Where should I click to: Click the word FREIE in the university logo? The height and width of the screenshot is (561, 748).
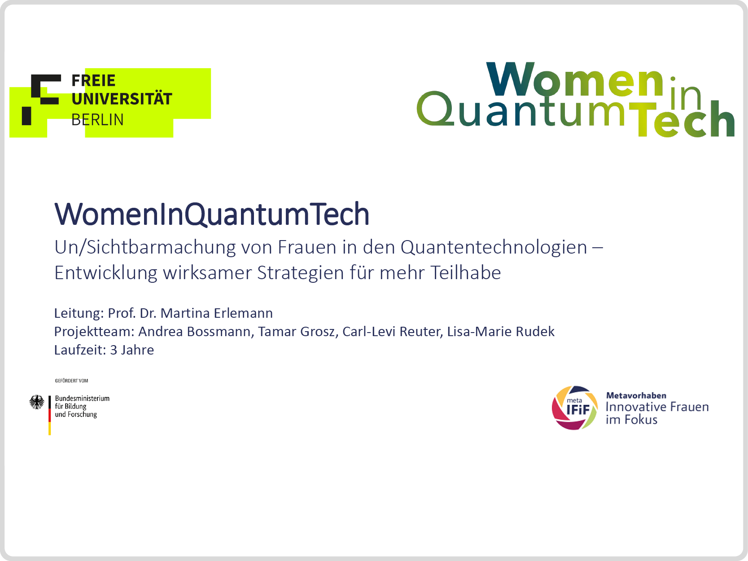coord(93,81)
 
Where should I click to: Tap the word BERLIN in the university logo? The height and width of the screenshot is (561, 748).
coord(97,120)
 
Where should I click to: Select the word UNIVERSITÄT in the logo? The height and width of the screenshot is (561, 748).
coord(122,98)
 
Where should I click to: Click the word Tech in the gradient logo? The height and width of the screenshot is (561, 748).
coord(682,118)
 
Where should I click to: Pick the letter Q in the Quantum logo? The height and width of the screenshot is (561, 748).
coord(436,108)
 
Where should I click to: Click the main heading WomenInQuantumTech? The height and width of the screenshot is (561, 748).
coord(212,214)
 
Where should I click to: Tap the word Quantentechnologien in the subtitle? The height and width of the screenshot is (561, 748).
coord(494,247)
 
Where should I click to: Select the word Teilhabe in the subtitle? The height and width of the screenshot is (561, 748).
coord(465,272)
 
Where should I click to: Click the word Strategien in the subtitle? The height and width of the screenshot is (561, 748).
coord(300,273)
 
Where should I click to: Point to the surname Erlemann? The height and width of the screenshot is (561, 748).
coord(243,313)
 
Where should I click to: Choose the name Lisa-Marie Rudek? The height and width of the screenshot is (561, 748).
coord(501,332)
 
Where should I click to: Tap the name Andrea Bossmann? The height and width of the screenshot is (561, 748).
coord(194,332)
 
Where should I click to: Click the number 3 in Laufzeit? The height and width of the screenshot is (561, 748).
coord(114,350)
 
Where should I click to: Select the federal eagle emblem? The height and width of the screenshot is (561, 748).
coord(37,402)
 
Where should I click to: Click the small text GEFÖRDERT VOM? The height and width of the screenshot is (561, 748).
coord(71,381)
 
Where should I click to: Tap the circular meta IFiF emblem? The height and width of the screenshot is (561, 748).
coord(574,408)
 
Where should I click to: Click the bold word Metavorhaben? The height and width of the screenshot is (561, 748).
coord(636,396)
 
